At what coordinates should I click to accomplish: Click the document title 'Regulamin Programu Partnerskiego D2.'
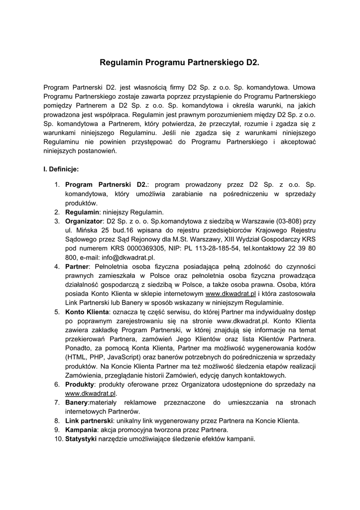(180, 63)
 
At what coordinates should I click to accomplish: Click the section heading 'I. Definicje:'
(61, 169)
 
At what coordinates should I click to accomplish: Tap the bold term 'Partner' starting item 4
(77, 266)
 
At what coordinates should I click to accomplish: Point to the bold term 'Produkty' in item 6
(80, 384)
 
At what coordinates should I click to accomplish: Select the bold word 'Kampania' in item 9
(81, 430)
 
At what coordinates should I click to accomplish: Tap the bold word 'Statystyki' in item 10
(81, 439)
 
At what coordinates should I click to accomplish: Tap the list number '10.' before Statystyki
(58, 439)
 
